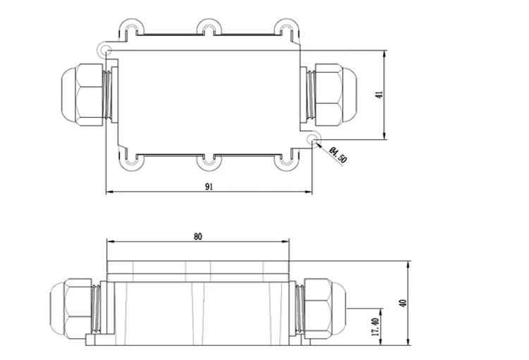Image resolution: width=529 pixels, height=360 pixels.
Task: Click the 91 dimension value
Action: [x=209, y=186]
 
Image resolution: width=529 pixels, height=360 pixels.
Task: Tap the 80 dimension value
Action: [x=198, y=236]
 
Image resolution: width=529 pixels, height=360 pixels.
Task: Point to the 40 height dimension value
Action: [x=403, y=303]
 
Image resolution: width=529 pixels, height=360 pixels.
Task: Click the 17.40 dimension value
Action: [x=375, y=327]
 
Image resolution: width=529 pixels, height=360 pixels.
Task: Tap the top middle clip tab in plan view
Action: [x=209, y=26]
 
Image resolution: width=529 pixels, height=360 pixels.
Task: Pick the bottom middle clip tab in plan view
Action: [x=209, y=162]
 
